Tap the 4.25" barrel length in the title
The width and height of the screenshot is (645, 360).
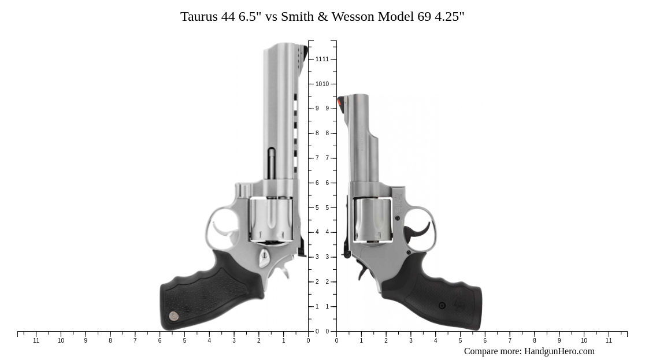click(x=449, y=17)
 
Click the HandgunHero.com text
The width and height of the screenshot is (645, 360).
click(x=559, y=351)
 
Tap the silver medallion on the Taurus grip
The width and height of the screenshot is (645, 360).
click(x=173, y=316)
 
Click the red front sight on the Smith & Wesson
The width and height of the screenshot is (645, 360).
click(x=340, y=102)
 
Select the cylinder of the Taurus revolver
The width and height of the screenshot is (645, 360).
click(x=270, y=219)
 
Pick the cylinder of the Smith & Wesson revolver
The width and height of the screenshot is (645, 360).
click(x=372, y=220)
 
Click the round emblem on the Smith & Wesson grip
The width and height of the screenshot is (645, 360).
click(x=442, y=306)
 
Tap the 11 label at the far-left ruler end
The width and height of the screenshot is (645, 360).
click(x=36, y=341)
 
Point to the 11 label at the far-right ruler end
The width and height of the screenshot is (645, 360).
click(x=609, y=341)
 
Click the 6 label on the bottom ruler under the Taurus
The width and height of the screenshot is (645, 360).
click(x=160, y=341)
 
